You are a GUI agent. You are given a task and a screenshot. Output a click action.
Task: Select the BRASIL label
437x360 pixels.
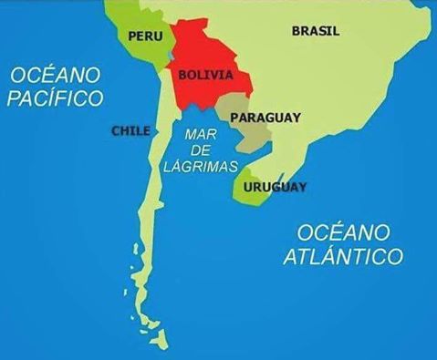coord(315,31)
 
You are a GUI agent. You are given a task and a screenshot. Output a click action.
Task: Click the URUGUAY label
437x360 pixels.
coord(275,187)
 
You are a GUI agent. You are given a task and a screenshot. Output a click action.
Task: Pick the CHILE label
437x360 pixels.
coord(130,130)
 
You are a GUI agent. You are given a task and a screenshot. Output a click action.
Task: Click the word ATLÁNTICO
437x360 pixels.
coord(342,256)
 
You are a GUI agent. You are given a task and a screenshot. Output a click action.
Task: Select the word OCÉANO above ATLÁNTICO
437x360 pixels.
coord(343,231)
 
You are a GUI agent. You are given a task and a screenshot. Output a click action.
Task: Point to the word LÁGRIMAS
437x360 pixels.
coord(200,167)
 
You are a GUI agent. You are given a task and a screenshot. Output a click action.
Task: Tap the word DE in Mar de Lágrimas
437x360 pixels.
coord(199,150)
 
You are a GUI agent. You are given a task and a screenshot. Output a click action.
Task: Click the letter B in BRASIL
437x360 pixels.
coord(296,31)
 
